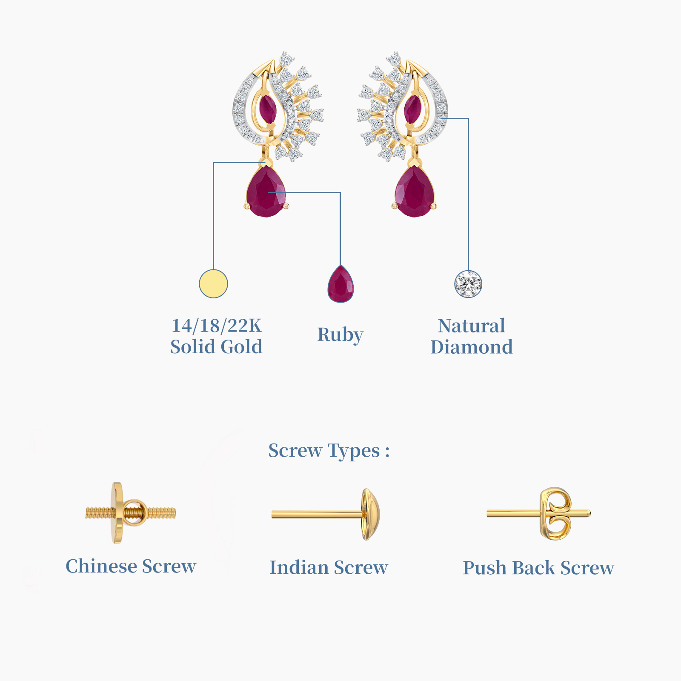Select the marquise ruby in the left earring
[268, 109]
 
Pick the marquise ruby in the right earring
[412, 109]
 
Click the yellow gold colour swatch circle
[214, 283]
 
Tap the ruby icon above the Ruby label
[340, 284]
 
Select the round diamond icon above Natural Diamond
[468, 284]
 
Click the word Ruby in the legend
[340, 335]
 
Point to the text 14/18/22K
[217, 326]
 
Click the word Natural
[472, 326]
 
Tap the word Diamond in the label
[472, 347]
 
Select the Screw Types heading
[329, 451]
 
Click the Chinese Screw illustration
[130, 513]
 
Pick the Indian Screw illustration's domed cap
[370, 514]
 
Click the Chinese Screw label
[131, 566]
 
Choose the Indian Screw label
[329, 567]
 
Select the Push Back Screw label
[538, 568]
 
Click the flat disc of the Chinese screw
[117, 513]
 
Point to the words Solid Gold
[217, 347]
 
